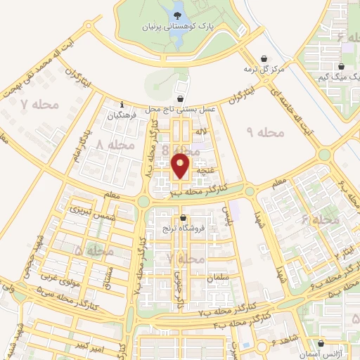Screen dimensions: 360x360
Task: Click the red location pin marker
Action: tap(181, 166)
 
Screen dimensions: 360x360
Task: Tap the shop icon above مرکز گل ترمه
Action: tap(264, 58)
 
